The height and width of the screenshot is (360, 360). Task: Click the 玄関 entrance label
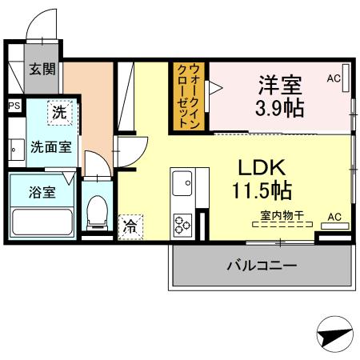(42, 70)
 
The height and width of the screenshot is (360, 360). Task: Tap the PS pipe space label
(14, 105)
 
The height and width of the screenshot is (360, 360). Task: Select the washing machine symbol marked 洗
(58, 113)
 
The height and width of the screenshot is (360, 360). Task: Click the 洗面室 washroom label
(50, 146)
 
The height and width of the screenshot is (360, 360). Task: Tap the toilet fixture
(97, 211)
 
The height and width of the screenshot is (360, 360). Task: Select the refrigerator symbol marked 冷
(129, 226)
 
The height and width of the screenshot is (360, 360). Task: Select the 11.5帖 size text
(262, 191)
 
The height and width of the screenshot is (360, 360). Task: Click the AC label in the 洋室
(334, 78)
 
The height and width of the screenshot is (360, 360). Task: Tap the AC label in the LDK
(334, 217)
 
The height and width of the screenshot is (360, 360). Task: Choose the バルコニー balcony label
(262, 264)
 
